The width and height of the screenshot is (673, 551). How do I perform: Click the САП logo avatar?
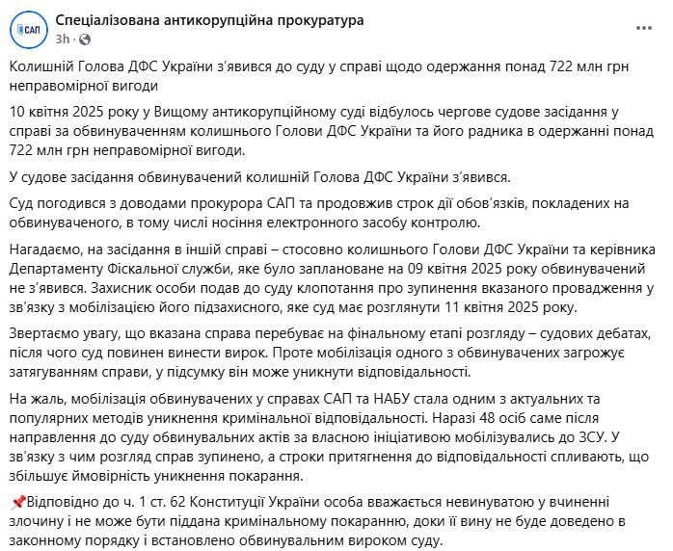point(30,30)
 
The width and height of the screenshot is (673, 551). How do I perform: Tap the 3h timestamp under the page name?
point(63,39)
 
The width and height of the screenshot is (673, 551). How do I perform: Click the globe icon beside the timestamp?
point(83,39)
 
